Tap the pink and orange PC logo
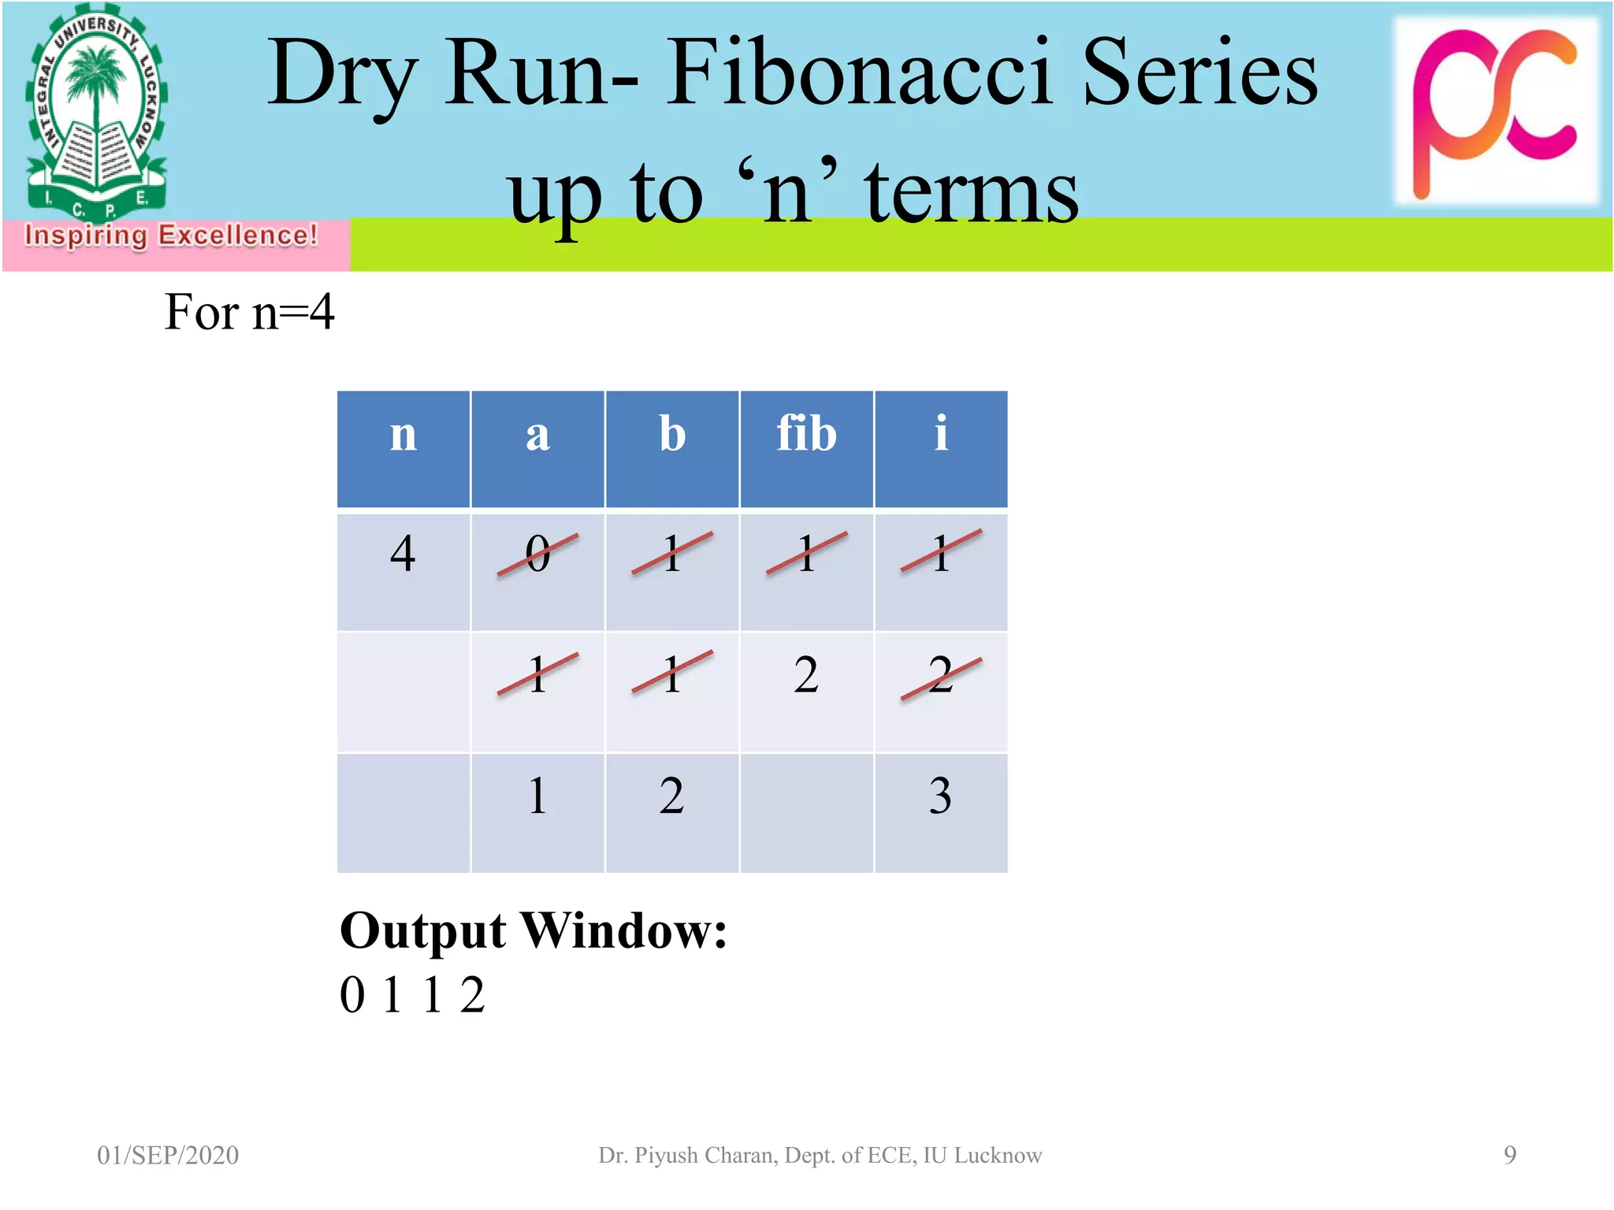click(x=1496, y=110)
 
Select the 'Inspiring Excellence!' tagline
click(x=171, y=236)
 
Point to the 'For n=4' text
click(x=249, y=312)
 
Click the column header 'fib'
click(x=805, y=434)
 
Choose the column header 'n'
click(x=403, y=434)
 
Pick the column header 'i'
click(x=940, y=434)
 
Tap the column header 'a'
click(x=537, y=434)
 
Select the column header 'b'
click(x=671, y=434)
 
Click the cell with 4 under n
click(x=403, y=554)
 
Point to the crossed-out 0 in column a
click(x=537, y=554)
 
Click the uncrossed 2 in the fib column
click(x=805, y=675)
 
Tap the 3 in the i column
click(x=940, y=796)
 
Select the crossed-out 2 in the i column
click(x=940, y=675)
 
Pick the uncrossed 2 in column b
click(x=671, y=796)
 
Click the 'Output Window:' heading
click(x=533, y=931)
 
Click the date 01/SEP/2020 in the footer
click(x=168, y=1155)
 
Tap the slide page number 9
click(x=1509, y=1155)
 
